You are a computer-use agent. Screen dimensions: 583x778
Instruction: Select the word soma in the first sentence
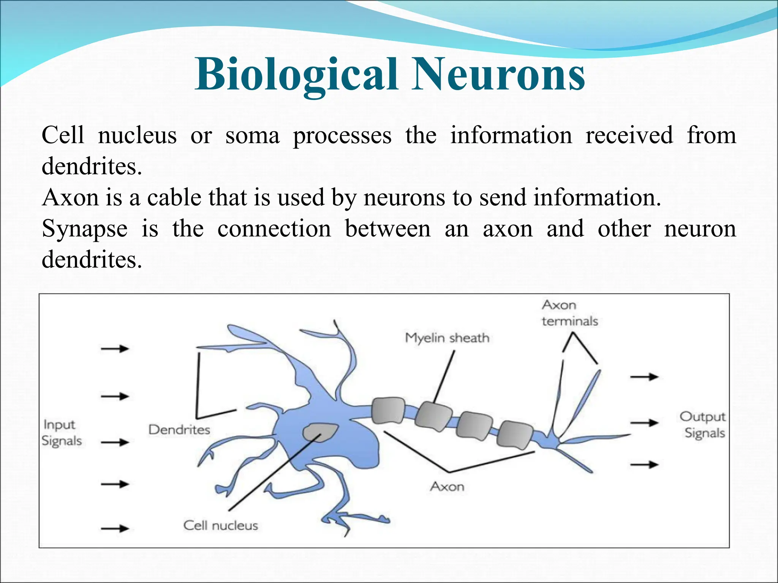[252, 136]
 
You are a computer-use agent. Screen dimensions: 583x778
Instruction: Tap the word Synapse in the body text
[84, 229]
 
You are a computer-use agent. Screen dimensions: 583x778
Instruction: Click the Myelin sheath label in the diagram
[447, 337]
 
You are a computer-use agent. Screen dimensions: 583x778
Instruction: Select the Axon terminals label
[569, 313]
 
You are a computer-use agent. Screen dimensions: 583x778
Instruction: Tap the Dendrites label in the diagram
[179, 430]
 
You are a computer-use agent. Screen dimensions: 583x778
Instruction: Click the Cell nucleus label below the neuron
[220, 525]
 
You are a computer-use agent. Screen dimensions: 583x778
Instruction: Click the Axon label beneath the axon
[447, 486]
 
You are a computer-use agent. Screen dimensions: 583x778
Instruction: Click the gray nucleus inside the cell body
[320, 432]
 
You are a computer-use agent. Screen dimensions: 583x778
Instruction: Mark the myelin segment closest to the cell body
[387, 411]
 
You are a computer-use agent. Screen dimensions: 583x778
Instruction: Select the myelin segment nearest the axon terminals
[515, 434]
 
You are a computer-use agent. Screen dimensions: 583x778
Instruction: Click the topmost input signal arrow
[115, 348]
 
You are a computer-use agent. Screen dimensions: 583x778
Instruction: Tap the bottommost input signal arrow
[115, 528]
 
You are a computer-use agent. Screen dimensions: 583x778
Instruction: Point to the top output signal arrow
[644, 377]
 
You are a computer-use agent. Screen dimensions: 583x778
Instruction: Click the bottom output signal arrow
[644, 464]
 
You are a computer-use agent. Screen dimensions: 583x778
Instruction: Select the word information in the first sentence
[511, 136]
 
